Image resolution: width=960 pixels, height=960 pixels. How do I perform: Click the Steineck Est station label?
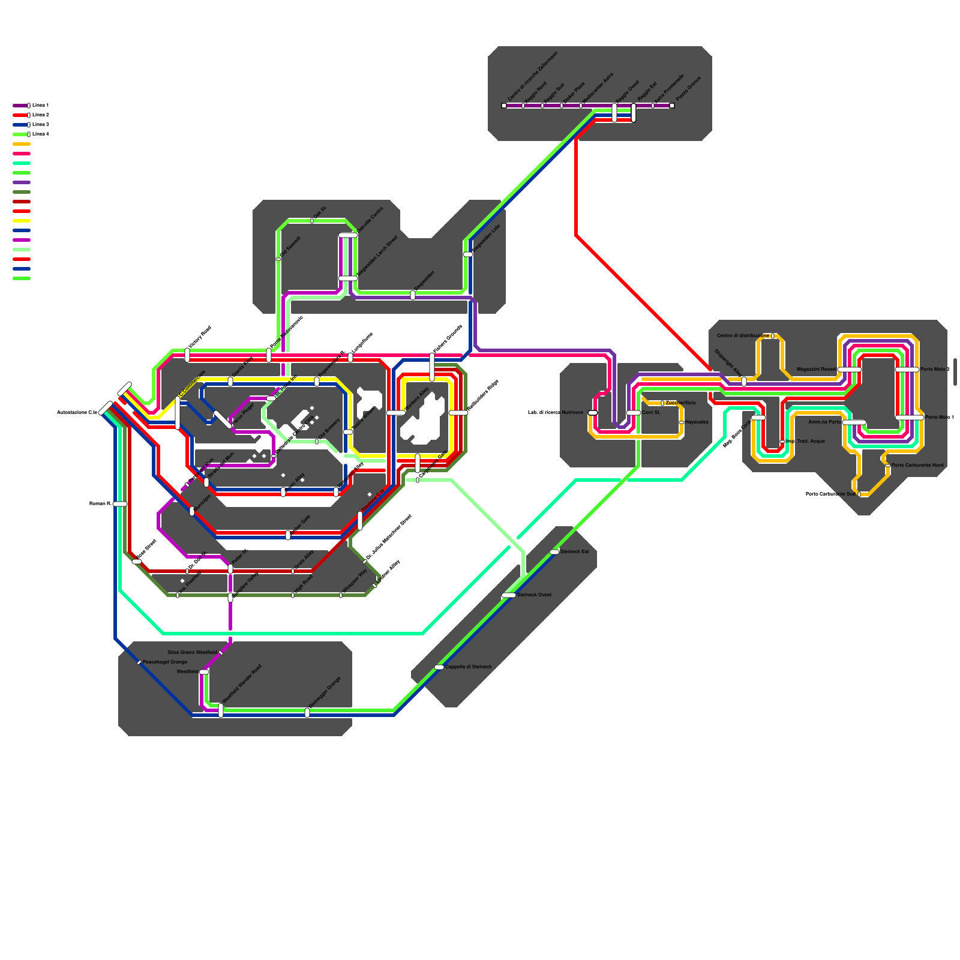coord(574,551)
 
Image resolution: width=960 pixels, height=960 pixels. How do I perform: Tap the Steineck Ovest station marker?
coord(508,595)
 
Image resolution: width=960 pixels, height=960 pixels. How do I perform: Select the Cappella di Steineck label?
coord(468,667)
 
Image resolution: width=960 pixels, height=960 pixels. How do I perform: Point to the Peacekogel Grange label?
coord(165,662)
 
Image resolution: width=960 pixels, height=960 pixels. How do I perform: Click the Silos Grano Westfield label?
coord(192,652)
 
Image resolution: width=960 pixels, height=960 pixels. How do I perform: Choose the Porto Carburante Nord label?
coord(917,465)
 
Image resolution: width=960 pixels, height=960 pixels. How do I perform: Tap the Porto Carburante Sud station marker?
coord(859,494)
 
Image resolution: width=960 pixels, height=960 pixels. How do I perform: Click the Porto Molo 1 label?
coord(939,417)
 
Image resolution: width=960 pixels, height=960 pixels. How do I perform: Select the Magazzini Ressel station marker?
coord(849,370)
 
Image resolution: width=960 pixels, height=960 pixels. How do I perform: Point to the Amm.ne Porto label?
coord(825,422)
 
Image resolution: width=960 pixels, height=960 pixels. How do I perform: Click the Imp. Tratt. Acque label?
coord(806,441)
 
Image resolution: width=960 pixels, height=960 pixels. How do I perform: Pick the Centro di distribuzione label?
coord(742,335)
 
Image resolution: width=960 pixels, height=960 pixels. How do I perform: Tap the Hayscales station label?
coord(697,422)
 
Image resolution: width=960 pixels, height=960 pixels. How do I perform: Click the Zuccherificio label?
coord(680,403)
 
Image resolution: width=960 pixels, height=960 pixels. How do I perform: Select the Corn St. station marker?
coord(634,413)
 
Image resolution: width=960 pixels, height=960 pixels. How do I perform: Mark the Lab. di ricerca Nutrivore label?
coord(555,412)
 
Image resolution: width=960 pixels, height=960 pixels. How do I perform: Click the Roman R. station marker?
coord(120,504)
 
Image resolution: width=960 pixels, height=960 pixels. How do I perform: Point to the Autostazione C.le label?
coord(77,412)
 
